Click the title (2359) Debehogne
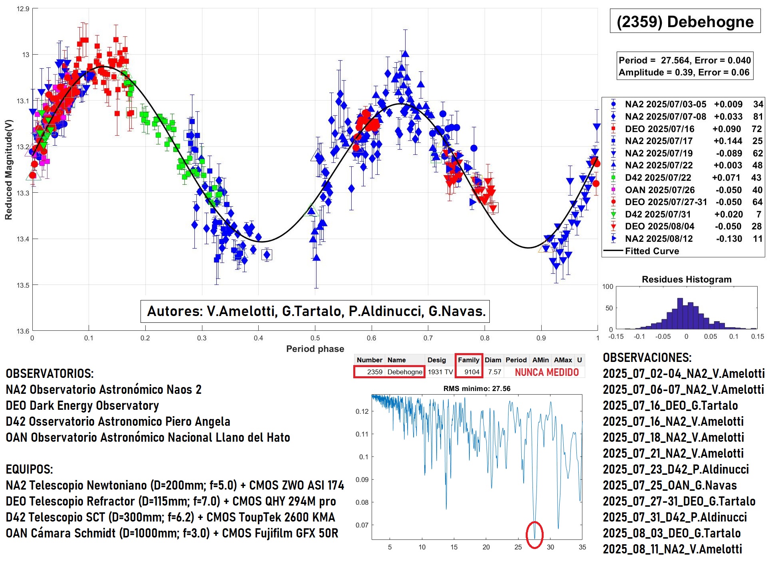[685, 22]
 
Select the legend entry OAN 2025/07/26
[659, 190]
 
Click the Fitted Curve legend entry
[651, 251]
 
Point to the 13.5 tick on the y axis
[23, 285]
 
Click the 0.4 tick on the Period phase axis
[258, 338]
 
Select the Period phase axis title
[315, 349]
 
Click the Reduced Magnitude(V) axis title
[8, 170]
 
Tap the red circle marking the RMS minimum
[534, 535]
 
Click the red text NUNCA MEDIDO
[546, 372]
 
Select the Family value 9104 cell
[471, 372]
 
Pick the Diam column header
[493, 360]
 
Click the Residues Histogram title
[687, 279]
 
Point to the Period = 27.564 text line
[685, 60]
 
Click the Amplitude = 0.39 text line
[684, 72]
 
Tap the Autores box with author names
[315, 311]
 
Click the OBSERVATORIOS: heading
[49, 373]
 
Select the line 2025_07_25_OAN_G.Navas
[670, 485]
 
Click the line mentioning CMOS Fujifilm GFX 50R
[172, 533]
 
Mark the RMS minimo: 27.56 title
[477, 388]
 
